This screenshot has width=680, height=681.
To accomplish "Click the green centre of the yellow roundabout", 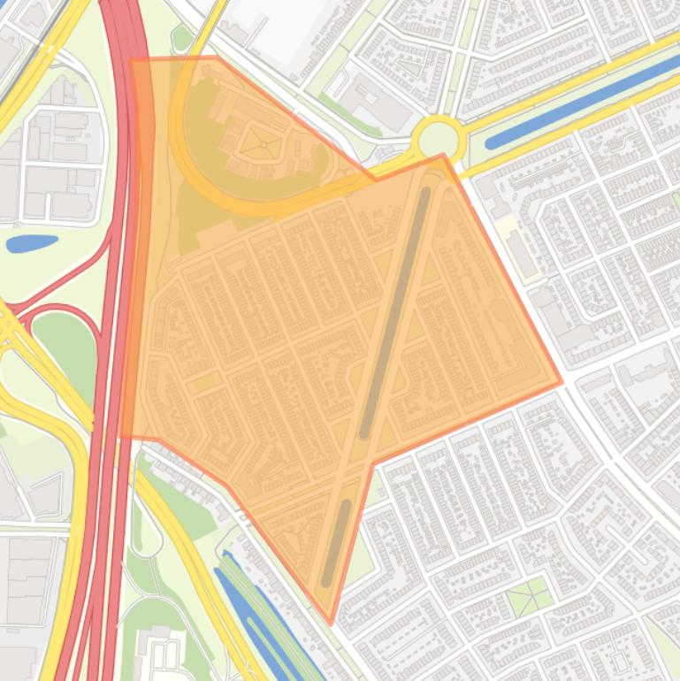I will pyautogui.click(x=439, y=140).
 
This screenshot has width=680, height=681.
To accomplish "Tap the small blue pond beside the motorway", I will pyautogui.click(x=32, y=242).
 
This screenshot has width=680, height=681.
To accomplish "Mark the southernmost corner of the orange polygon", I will pyautogui.click(x=331, y=623).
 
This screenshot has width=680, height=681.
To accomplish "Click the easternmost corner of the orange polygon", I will pyautogui.click(x=562, y=383).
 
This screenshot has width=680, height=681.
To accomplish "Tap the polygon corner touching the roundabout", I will pyautogui.click(x=443, y=156).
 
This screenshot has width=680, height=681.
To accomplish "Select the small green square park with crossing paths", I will pyautogui.click(x=529, y=598).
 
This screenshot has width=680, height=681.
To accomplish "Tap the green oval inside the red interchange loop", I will pyautogui.click(x=64, y=349).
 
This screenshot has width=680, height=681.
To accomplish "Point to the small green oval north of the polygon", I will pyautogui.click(x=182, y=38).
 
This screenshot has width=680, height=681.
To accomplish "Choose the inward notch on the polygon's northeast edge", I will pyautogui.click(x=376, y=180).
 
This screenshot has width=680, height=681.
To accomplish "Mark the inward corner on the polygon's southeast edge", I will pyautogui.click(x=374, y=463).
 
